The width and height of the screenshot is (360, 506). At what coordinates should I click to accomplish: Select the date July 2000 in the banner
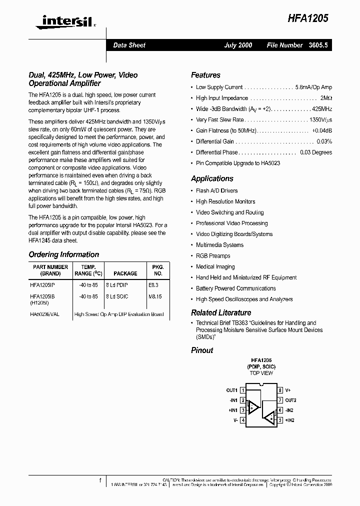(x=238, y=45)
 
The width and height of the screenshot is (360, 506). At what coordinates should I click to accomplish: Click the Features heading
(x=205, y=75)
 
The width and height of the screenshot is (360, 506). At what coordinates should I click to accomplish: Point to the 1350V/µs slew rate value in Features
(x=320, y=120)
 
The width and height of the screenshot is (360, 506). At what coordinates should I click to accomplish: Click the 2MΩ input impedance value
(x=326, y=98)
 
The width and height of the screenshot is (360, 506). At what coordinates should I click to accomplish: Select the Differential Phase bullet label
(x=216, y=152)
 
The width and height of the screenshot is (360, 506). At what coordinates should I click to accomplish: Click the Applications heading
(x=212, y=178)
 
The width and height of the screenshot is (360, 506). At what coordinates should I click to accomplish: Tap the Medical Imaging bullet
(x=215, y=267)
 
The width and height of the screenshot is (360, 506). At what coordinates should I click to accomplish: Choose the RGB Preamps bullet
(x=213, y=256)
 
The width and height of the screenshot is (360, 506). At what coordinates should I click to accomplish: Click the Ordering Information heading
(x=63, y=254)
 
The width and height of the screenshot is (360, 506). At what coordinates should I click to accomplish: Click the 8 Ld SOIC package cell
(x=117, y=296)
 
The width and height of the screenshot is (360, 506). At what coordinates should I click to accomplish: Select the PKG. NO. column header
(x=158, y=270)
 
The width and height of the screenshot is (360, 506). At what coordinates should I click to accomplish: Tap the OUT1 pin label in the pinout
(x=231, y=390)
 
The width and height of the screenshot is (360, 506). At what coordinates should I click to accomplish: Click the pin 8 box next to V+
(x=280, y=390)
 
